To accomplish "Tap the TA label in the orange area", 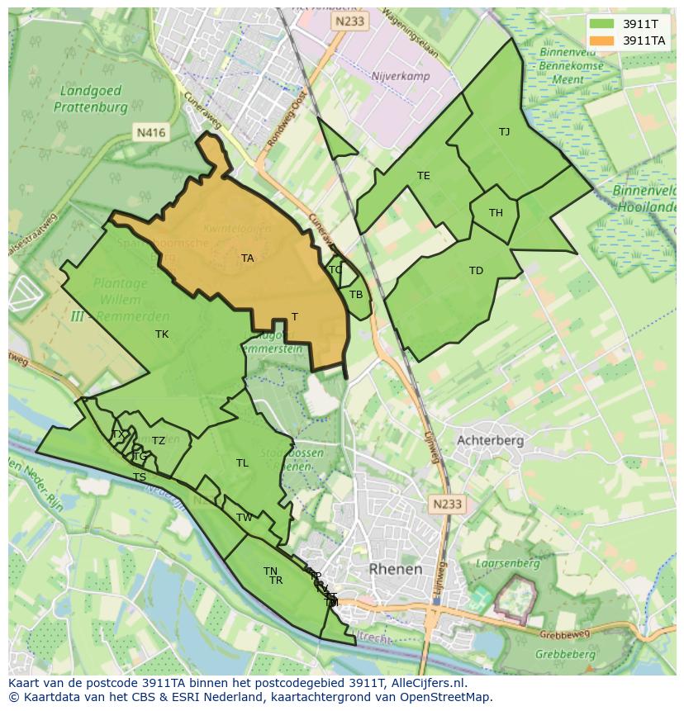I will pyautogui.click(x=247, y=258).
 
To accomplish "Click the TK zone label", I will pyautogui.click(x=162, y=334).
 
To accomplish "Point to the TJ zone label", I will pyautogui.click(x=504, y=132).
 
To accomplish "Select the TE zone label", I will pyautogui.click(x=424, y=176).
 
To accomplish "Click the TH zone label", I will pyautogui.click(x=496, y=213).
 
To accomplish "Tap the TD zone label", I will pyautogui.click(x=476, y=271).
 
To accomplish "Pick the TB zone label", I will pyautogui.click(x=356, y=295).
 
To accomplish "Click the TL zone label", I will pyautogui.click(x=242, y=463).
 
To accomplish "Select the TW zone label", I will pyautogui.click(x=245, y=518).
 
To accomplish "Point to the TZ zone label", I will pyautogui.click(x=159, y=441).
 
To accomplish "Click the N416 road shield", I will pyautogui.click(x=151, y=132).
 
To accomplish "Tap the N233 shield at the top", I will pyautogui.click(x=349, y=23).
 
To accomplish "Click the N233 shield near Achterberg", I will pyautogui.click(x=448, y=504).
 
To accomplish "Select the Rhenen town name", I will pyautogui.click(x=396, y=569).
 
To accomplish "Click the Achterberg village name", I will pyautogui.click(x=490, y=440).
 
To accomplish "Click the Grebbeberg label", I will pyautogui.click(x=564, y=654).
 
